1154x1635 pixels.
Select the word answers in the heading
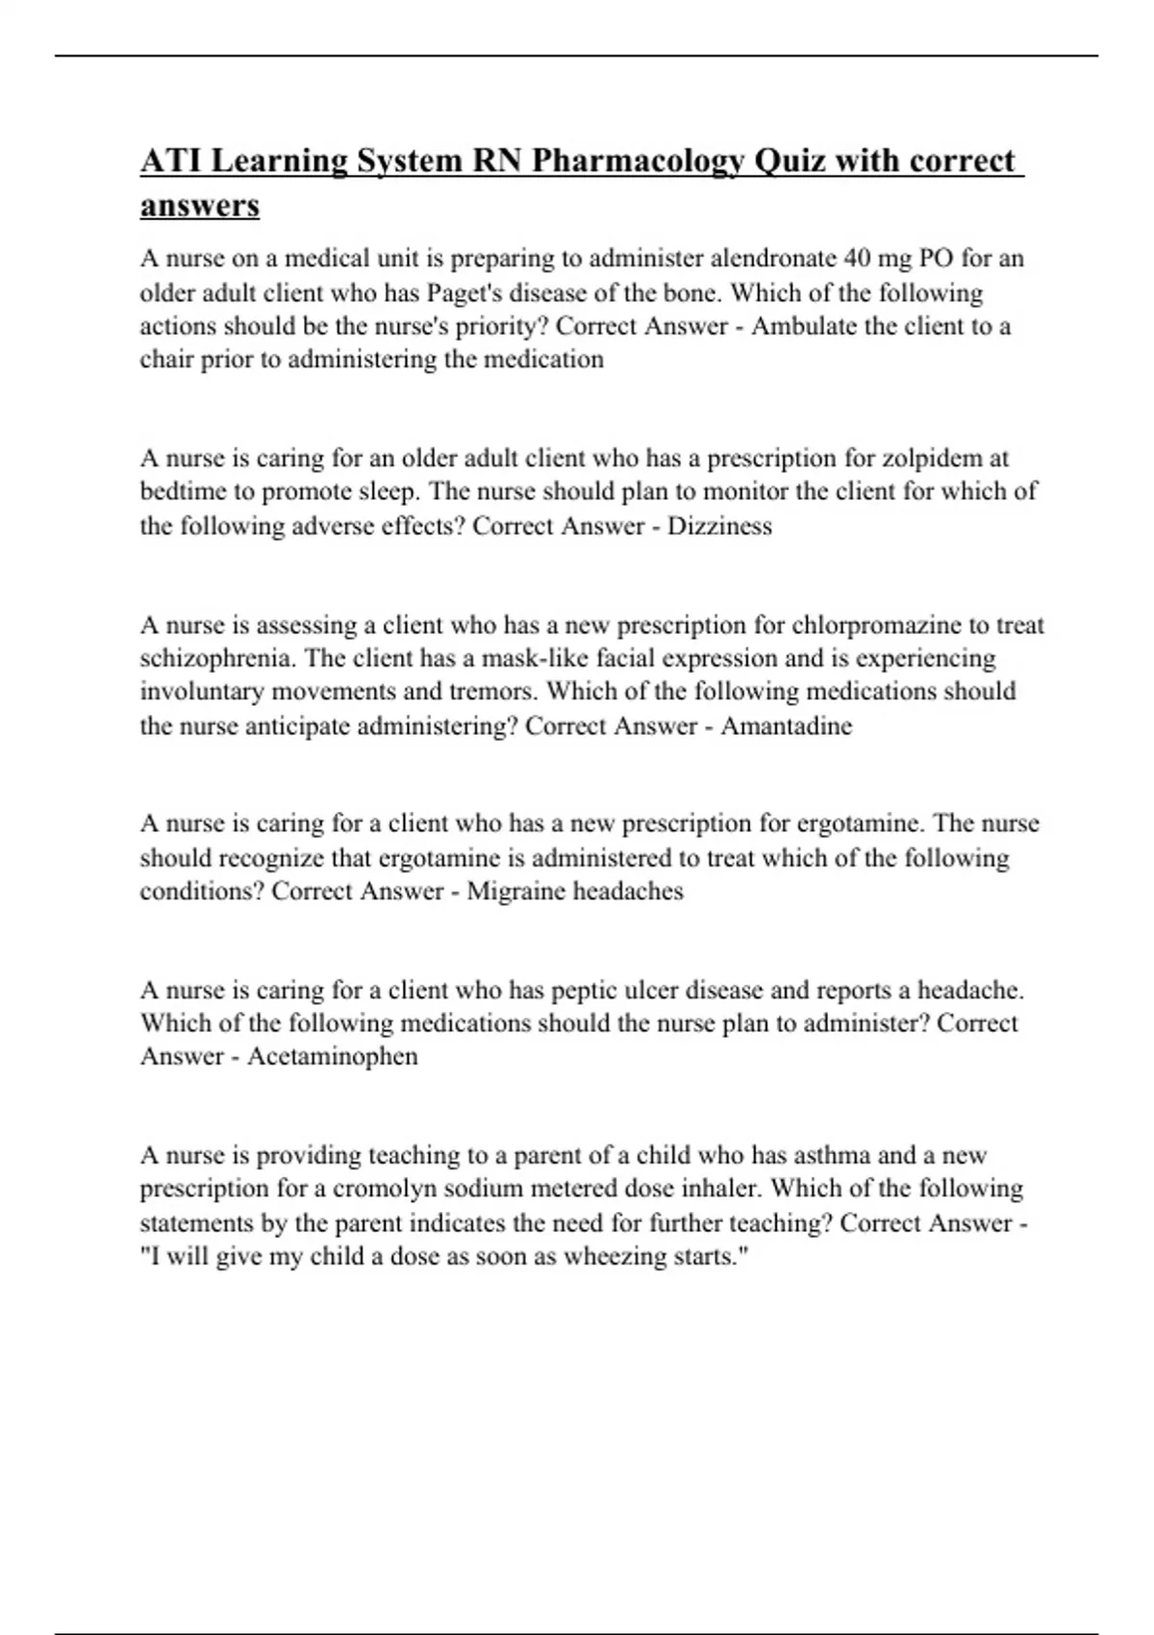coord(200,206)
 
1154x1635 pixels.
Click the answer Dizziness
coord(719,526)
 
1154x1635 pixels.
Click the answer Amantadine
coord(786,726)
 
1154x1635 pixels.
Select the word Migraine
coord(516,892)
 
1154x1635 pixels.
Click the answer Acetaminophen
coord(332,1057)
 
